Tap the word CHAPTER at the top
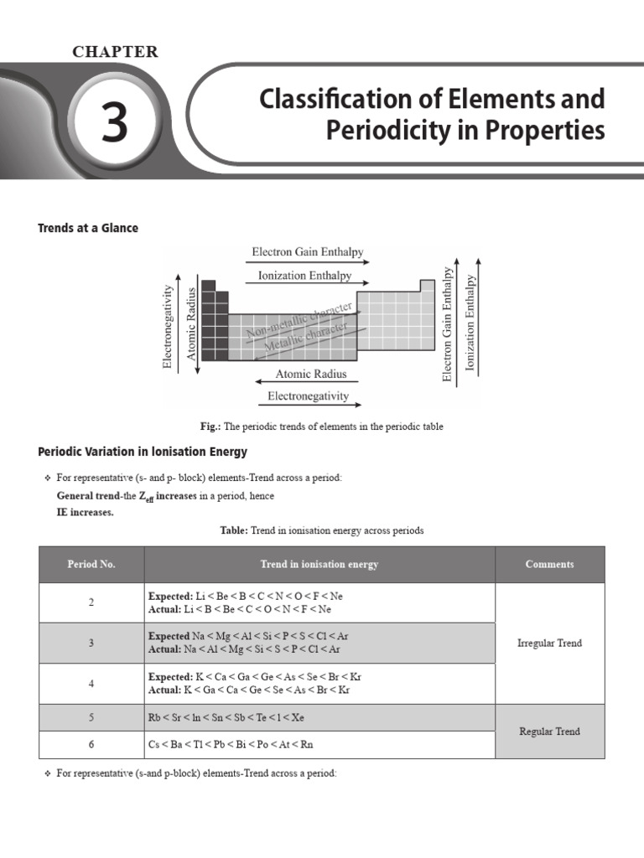pyautogui.click(x=115, y=52)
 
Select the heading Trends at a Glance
pyautogui.click(x=88, y=228)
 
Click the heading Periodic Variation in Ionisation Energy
pyautogui.click(x=143, y=452)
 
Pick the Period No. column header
pyautogui.click(x=91, y=565)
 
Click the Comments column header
pyautogui.click(x=549, y=565)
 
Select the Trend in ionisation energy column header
pyautogui.click(x=319, y=565)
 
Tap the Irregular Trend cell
pyautogui.click(x=549, y=643)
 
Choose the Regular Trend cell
pyautogui.click(x=549, y=731)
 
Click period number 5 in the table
pyautogui.click(x=91, y=718)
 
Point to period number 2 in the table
pyautogui.click(x=91, y=602)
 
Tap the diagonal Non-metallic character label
pyautogui.click(x=299, y=323)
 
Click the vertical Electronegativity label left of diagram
pyautogui.click(x=168, y=327)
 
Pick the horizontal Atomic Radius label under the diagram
pyautogui.click(x=311, y=375)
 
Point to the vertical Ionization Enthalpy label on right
pyautogui.click(x=470, y=323)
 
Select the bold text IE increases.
pyautogui.click(x=85, y=512)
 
